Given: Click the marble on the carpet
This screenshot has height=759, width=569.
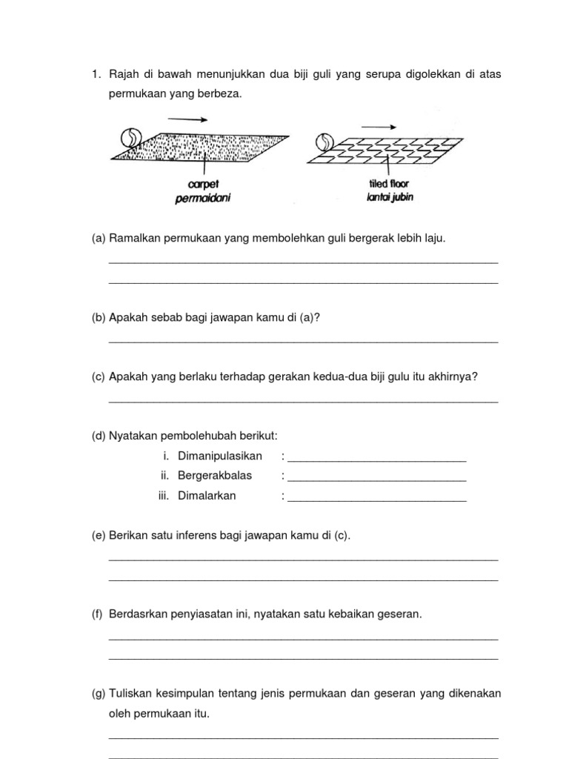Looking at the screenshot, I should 129,138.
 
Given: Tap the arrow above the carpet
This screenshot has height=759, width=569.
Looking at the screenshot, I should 187,119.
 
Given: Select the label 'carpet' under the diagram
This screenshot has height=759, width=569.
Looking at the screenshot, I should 203,184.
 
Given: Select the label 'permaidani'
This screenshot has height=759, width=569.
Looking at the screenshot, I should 203,197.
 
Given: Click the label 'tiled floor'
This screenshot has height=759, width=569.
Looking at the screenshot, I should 389,185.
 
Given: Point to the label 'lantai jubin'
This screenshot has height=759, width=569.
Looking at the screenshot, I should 389,197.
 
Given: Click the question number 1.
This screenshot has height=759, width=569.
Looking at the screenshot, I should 95,74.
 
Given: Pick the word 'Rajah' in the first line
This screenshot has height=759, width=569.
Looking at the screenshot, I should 124,74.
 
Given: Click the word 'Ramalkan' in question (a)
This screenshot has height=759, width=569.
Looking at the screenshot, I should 134,238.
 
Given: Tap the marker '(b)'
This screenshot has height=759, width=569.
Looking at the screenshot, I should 99,317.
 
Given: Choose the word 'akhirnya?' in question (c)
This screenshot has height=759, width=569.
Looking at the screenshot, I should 454,377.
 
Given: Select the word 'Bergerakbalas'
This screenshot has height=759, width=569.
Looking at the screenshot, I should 215,476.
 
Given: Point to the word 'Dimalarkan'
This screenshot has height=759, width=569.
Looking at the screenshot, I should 207,496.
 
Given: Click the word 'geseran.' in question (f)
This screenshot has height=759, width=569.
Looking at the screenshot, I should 401,614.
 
